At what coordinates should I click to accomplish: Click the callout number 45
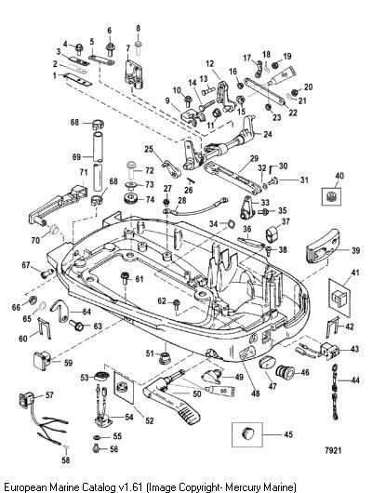pos(288,434)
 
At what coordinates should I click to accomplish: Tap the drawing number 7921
pos(332,450)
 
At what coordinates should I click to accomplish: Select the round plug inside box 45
pos(247,433)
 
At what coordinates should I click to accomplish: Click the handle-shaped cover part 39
pos(323,246)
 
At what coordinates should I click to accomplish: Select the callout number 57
pos(49,395)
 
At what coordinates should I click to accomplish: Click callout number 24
pos(268,134)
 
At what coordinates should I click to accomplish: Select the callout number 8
pos(139,28)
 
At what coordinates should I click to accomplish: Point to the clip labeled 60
pos(44,328)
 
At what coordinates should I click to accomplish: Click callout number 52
pos(150,420)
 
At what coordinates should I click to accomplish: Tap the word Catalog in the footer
pos(101,487)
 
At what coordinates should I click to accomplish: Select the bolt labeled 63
pos(76,325)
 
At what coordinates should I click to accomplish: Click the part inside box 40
pos(330,197)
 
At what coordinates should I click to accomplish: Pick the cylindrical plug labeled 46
pos(285,372)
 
